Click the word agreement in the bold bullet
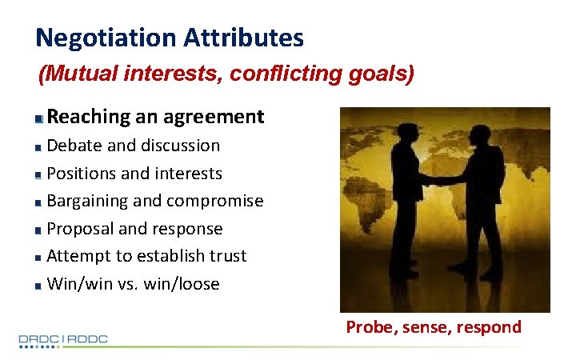pyautogui.click(x=214, y=117)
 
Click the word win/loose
pyautogui.click(x=183, y=284)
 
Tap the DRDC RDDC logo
pyautogui.click(x=63, y=340)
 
